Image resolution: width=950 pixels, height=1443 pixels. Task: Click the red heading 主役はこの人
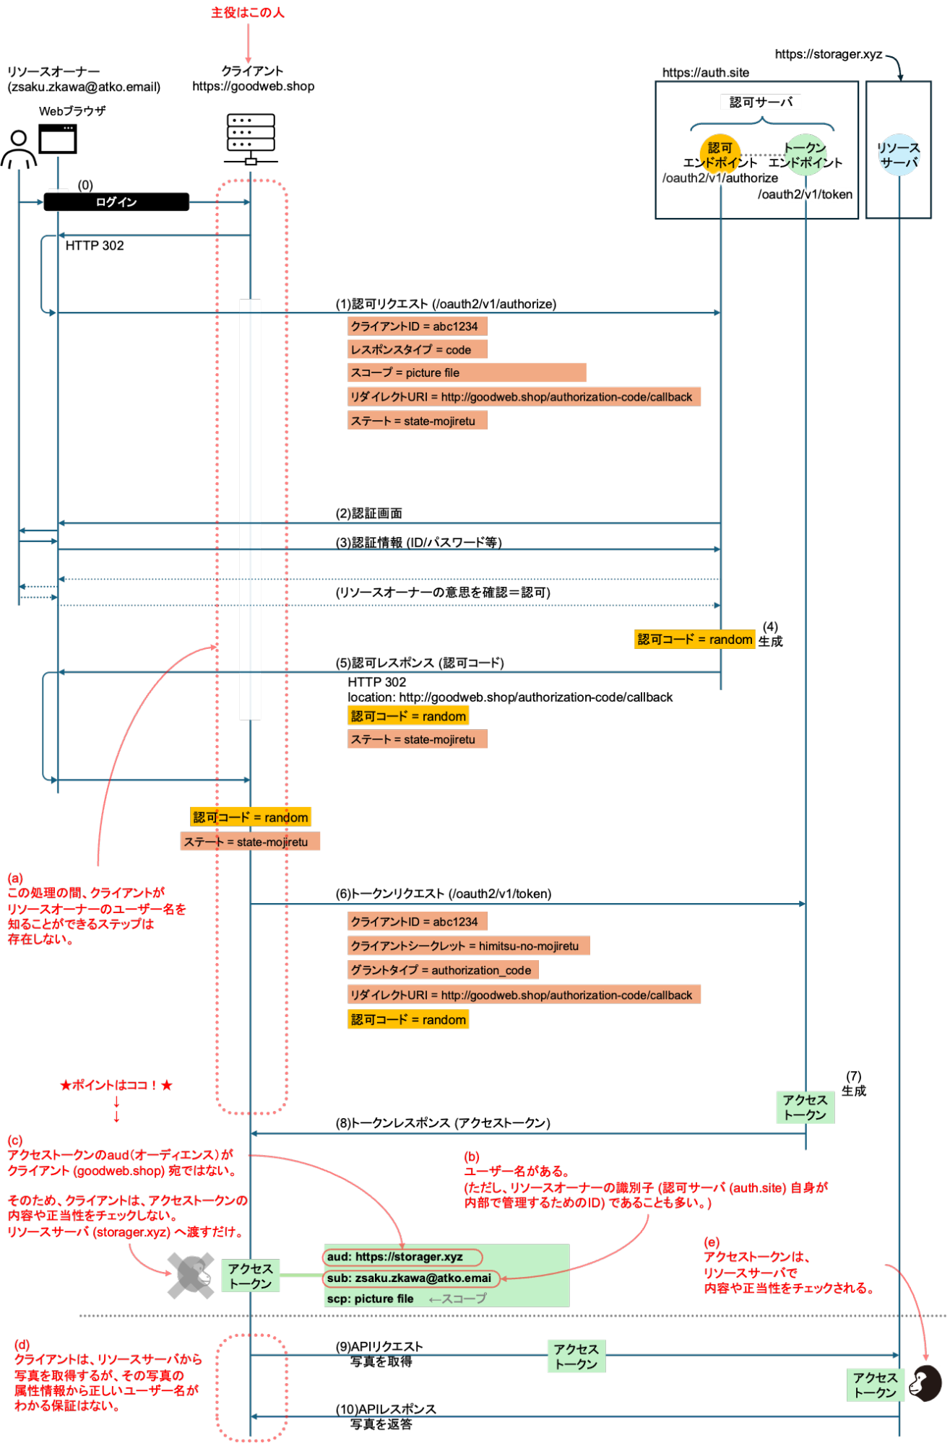[x=247, y=12]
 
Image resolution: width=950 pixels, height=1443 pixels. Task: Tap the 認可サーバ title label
[x=761, y=102]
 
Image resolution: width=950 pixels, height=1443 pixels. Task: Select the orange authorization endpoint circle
[x=720, y=154]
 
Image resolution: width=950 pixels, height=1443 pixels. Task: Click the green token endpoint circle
[x=805, y=154]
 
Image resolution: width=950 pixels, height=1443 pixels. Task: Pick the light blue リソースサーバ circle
[x=899, y=155]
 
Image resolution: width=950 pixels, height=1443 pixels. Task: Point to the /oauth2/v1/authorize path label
[x=720, y=178]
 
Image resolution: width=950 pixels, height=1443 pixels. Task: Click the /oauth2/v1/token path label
[x=805, y=194]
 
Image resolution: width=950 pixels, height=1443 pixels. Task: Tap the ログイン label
[x=116, y=202]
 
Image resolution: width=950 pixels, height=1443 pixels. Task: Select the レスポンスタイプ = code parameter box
[x=417, y=349]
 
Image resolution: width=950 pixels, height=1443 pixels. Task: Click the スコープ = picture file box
[x=466, y=372]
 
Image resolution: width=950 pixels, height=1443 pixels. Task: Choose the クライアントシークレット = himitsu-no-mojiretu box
[x=468, y=946]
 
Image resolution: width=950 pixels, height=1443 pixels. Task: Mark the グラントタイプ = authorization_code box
[x=442, y=970]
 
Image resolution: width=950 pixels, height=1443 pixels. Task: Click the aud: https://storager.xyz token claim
[x=402, y=1257]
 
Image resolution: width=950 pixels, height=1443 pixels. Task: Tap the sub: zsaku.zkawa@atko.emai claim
[x=410, y=1278]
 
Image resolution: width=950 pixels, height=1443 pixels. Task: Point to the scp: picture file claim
[x=371, y=1299]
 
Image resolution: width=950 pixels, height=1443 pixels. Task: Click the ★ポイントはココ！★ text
[x=116, y=1085]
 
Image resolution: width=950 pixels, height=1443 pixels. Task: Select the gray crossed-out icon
[x=190, y=1276]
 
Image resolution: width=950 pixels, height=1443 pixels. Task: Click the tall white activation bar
[x=250, y=509]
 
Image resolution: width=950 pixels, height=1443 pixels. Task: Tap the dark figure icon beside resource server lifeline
[x=925, y=1383]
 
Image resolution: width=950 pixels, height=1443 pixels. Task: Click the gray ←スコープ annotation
[x=457, y=1299]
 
